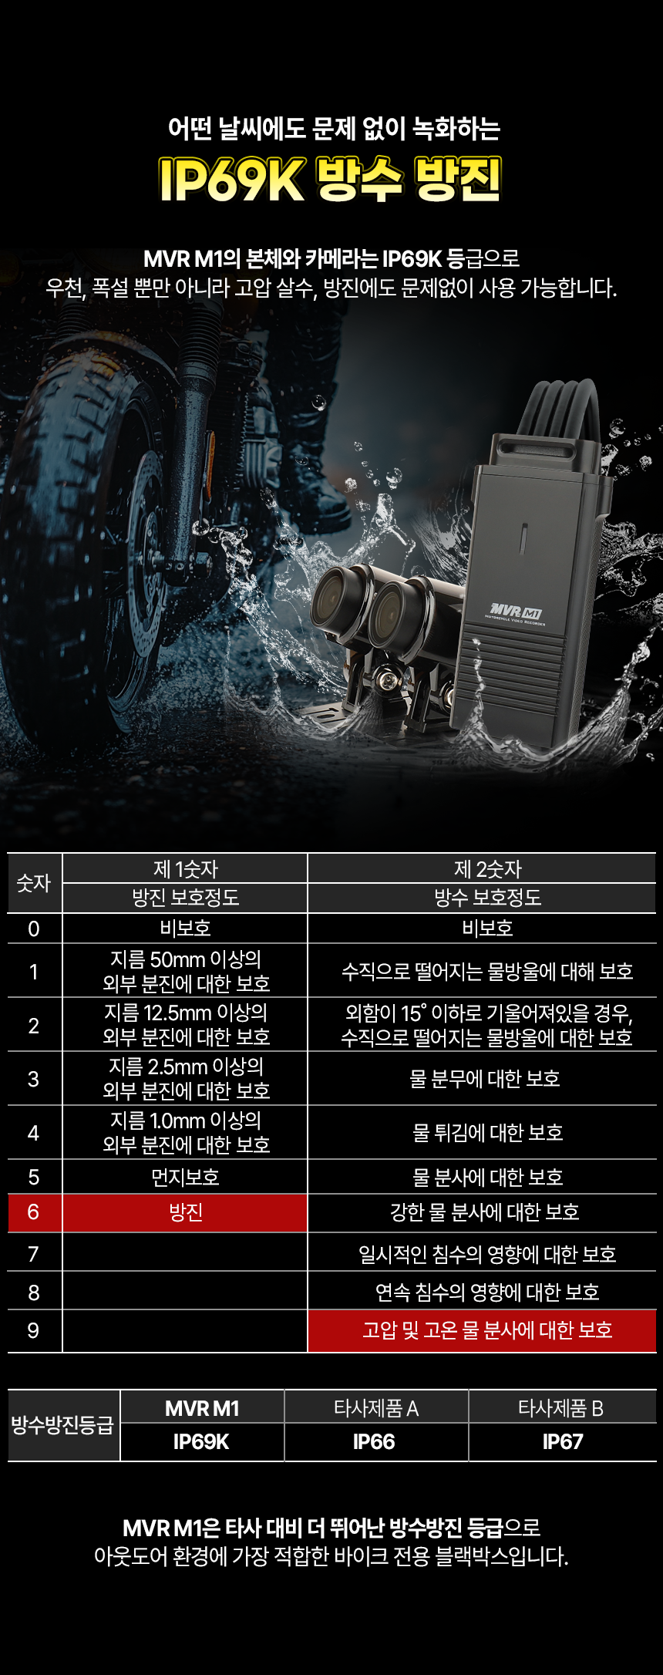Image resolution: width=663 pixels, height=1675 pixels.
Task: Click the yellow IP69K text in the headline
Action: [232, 179]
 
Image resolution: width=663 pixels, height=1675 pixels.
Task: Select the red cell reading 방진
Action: [185, 1213]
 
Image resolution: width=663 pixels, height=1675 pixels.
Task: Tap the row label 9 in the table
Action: [33, 1330]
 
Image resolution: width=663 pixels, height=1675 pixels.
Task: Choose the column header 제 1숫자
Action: [185, 869]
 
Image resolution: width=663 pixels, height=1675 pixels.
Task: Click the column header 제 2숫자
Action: [487, 869]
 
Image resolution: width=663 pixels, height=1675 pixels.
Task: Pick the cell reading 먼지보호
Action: [185, 1177]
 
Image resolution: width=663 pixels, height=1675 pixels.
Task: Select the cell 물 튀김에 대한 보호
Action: [487, 1132]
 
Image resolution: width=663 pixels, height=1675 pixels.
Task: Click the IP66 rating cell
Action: [374, 1442]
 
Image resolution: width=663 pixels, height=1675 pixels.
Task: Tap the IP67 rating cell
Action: [563, 1442]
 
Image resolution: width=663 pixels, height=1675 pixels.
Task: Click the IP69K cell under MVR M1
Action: [201, 1442]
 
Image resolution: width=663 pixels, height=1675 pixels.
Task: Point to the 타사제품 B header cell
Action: [561, 1408]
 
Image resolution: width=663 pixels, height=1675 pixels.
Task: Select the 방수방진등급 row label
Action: [62, 1425]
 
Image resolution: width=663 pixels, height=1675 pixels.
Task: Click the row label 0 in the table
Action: [33, 928]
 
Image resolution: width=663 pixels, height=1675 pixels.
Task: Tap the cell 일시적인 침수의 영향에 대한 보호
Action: [487, 1254]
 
